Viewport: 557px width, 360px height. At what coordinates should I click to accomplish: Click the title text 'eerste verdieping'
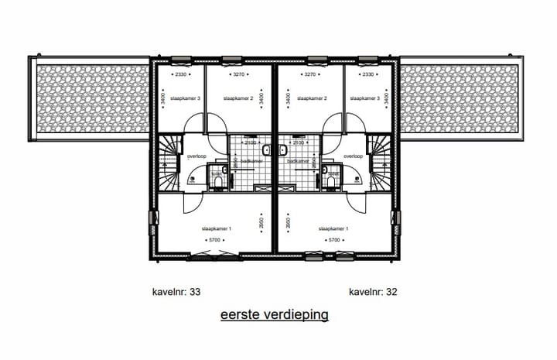275,315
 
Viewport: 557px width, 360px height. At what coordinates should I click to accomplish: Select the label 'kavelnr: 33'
177,293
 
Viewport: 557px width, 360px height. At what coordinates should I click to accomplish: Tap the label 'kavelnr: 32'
374,293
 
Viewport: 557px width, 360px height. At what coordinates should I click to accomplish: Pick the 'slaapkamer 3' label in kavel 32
361,99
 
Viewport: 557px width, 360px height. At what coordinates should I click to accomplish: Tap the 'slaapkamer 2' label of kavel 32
310,99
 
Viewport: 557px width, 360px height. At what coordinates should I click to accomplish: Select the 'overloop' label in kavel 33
197,156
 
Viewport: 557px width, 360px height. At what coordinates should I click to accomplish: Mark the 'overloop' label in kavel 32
353,156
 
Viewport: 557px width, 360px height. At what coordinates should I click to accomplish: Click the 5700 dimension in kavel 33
216,241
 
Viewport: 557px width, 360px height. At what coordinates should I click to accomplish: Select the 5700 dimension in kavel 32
333,241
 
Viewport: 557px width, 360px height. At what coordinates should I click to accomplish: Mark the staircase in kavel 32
380,163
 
